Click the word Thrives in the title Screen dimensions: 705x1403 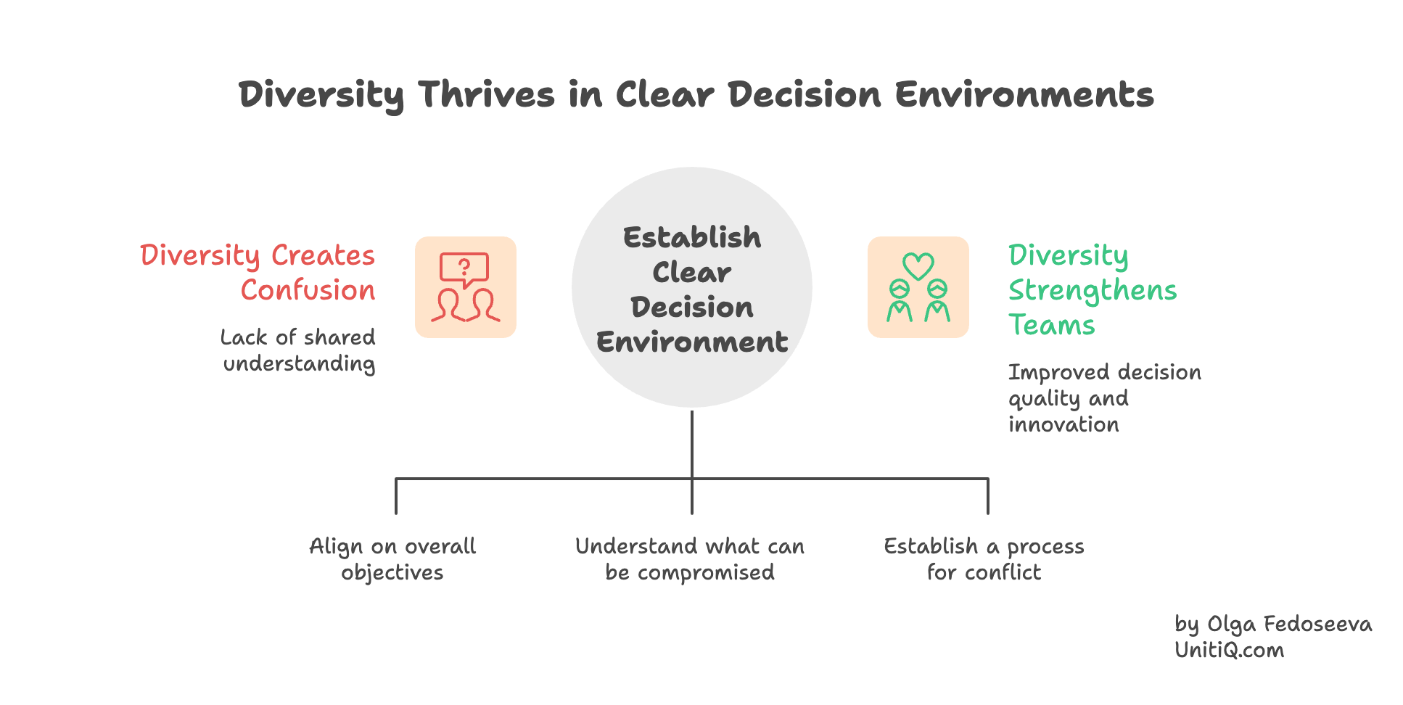pyautogui.click(x=486, y=95)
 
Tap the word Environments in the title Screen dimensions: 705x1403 pyautogui.click(x=1024, y=95)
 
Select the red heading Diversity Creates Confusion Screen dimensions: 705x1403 pyautogui.click(x=258, y=272)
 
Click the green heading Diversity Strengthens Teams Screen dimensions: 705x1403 pyautogui.click(x=1091, y=289)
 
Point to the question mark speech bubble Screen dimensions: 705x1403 pyautogui.click(x=464, y=269)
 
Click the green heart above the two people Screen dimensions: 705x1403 pyautogui.click(x=918, y=265)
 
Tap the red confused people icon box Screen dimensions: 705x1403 pyautogui.click(x=466, y=287)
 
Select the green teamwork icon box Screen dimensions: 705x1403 pyautogui.click(x=918, y=287)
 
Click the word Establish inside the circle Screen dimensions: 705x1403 pyautogui.click(x=692, y=238)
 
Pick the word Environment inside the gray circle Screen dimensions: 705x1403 pyautogui.click(x=692, y=342)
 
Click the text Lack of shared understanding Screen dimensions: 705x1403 pyautogui.click(x=298, y=350)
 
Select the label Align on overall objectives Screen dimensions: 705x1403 pyautogui.click(x=392, y=559)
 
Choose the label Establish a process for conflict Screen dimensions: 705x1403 pyautogui.click(x=984, y=559)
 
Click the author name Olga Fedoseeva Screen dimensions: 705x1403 pyautogui.click(x=1289, y=624)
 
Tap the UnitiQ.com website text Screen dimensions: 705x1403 pyautogui.click(x=1229, y=651)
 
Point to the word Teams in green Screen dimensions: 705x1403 pyautogui.click(x=1051, y=325)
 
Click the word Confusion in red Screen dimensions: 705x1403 pyautogui.click(x=308, y=290)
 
